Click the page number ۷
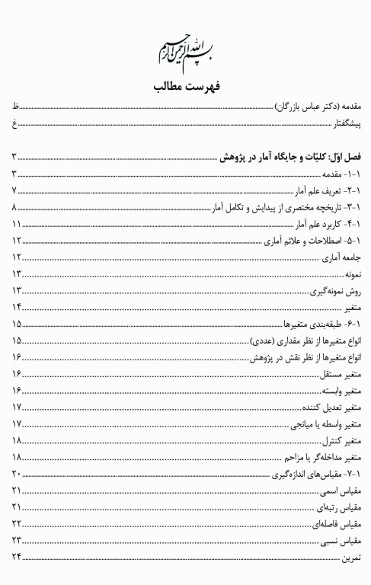[14, 191]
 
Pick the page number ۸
[14, 208]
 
